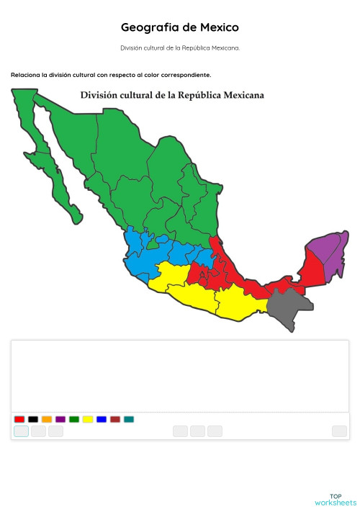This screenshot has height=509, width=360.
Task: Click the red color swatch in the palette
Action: (x=19, y=419)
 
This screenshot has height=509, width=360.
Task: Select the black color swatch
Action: (x=33, y=419)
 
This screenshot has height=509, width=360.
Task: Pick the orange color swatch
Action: (x=47, y=419)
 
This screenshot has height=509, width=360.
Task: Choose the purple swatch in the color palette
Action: (x=60, y=419)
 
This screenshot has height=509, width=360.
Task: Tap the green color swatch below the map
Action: (x=74, y=419)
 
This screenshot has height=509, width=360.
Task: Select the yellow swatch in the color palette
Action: (x=88, y=419)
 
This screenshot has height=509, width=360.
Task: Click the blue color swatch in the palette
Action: (x=102, y=419)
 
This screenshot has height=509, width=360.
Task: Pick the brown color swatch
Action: (x=115, y=419)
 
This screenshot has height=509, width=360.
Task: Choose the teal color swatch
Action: (x=129, y=419)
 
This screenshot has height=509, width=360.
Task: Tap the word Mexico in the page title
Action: (x=219, y=27)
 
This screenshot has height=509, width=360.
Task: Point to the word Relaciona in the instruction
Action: (x=26, y=75)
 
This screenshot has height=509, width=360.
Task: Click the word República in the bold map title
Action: (x=199, y=95)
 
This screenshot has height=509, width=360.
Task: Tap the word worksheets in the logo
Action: (x=336, y=503)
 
